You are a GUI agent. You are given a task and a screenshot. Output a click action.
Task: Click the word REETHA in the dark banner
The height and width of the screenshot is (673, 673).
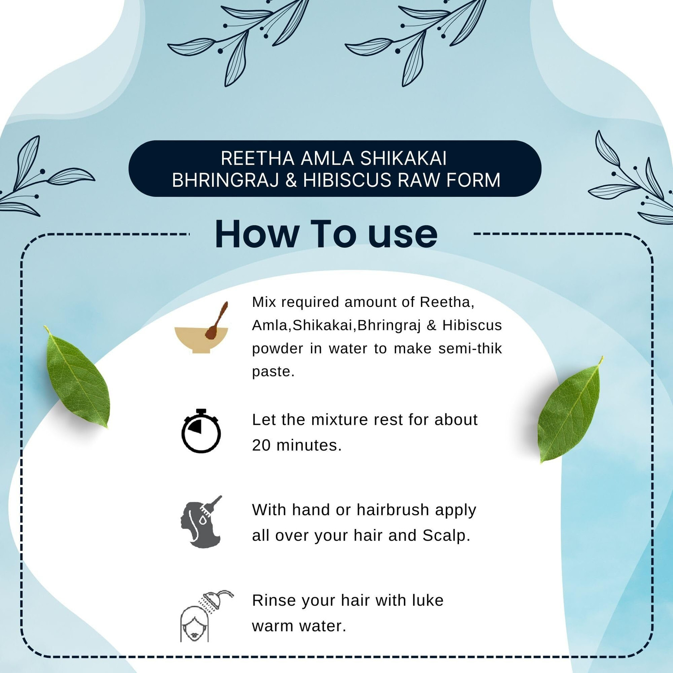[x=258, y=158]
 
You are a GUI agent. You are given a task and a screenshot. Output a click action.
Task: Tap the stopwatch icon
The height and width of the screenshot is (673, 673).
[x=201, y=431]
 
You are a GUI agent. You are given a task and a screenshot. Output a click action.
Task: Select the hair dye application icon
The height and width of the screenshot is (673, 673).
[x=201, y=522]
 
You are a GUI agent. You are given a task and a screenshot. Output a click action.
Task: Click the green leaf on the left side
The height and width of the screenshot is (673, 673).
[x=77, y=377]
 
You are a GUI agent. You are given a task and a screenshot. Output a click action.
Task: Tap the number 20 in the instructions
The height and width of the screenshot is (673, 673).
[x=261, y=445]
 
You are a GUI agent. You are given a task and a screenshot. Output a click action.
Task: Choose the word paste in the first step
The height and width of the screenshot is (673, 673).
[x=273, y=372]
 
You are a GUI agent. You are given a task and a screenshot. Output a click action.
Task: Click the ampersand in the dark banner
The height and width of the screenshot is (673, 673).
[x=291, y=180]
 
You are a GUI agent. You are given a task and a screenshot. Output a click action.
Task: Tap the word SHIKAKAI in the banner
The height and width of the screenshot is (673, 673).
[x=403, y=158]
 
